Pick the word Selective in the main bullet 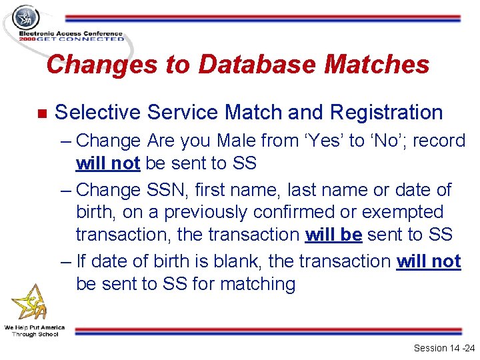point(97,113)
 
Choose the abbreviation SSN point(167,190)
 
